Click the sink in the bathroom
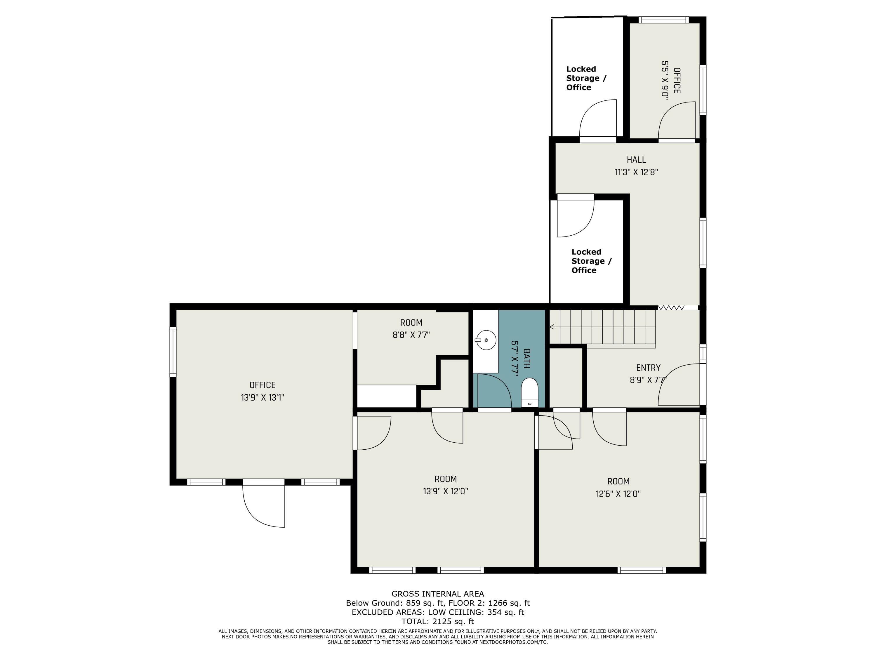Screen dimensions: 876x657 pos(486,340)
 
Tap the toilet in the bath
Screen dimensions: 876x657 pos(529,392)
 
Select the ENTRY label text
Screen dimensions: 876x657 pos(648,368)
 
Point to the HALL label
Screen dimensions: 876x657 pos(636,160)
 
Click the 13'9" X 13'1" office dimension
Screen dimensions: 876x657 pos(263,397)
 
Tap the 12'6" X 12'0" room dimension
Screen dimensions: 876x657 pos(618,494)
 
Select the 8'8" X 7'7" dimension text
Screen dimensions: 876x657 pos(411,335)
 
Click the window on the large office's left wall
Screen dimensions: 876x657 pos(173,351)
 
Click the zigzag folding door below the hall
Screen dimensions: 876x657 pos(671,307)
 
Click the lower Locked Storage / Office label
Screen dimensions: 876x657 pos(591,261)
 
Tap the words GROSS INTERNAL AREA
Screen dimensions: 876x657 pos(438,594)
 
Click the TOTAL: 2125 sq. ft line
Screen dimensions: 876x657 pos(438,621)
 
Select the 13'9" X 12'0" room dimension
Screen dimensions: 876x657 pos(446,491)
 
